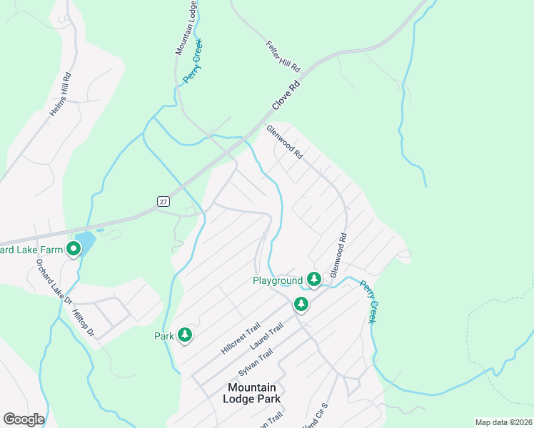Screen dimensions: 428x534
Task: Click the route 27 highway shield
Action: tap(163, 203)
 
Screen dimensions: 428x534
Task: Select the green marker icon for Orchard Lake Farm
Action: tap(73, 249)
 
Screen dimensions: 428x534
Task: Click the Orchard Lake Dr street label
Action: tap(54, 281)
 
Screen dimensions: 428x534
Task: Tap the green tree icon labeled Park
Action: tap(185, 335)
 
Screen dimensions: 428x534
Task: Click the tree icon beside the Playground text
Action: tap(314, 278)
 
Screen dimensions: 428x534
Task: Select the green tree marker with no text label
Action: tap(301, 304)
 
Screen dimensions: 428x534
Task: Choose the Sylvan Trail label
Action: tap(256, 361)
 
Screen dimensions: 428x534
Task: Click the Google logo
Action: tap(24, 419)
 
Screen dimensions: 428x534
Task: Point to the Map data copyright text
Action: tap(504, 422)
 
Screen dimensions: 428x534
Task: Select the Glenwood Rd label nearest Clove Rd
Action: tap(285, 142)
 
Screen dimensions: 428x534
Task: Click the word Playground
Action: tap(278, 280)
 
